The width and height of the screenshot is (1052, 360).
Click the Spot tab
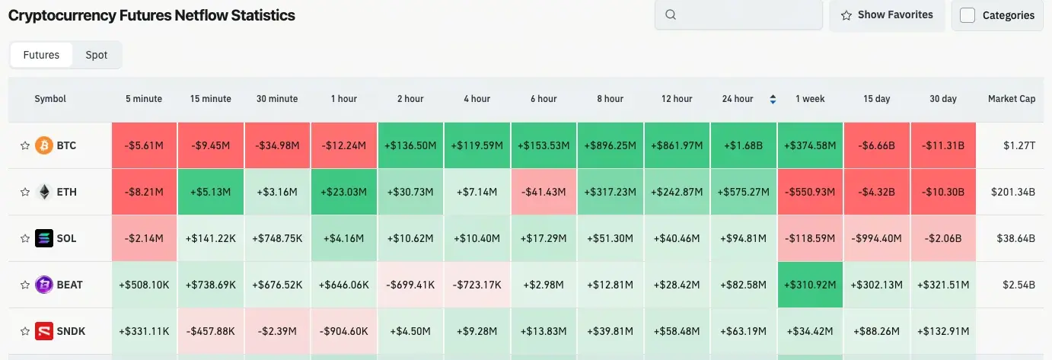[x=96, y=55]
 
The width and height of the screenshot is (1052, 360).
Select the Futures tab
[x=41, y=55]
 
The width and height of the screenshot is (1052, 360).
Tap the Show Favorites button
[x=887, y=15]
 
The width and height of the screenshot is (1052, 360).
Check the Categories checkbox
[x=967, y=15]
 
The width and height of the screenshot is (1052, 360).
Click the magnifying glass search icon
[x=671, y=14]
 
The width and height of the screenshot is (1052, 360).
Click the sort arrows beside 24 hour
[x=773, y=99]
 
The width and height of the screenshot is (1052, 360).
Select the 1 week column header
[x=810, y=99]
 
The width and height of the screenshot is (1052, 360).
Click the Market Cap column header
[x=1012, y=99]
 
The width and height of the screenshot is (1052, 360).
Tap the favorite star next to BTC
[x=25, y=145]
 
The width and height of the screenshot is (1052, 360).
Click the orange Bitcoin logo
[x=44, y=145]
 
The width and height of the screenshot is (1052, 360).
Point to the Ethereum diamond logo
[x=44, y=192]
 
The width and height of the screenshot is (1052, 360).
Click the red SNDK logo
[x=44, y=331]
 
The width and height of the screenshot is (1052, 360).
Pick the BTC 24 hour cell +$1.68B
[x=744, y=145]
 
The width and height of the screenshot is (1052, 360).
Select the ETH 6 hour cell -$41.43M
[x=544, y=192]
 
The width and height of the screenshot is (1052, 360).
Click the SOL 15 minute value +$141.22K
[x=210, y=238]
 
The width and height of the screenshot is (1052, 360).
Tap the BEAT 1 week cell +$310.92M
[x=810, y=285]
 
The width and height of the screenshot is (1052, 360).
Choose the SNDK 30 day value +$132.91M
[x=943, y=331]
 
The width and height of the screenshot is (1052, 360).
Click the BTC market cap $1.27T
[x=1019, y=145]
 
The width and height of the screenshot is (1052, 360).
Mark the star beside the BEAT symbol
[x=25, y=285]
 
